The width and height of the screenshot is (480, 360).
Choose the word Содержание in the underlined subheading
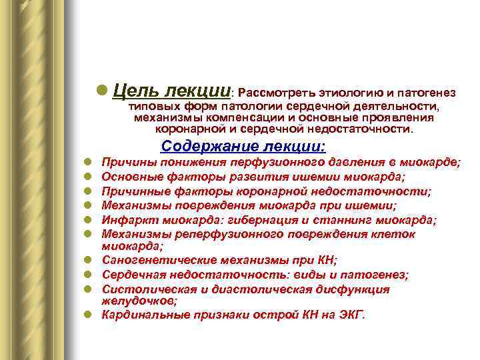pyautogui.click(x=209, y=146)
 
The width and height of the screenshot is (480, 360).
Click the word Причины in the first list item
pyautogui.click(x=125, y=162)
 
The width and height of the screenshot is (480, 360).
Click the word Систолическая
pyautogui.click(x=139, y=289)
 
